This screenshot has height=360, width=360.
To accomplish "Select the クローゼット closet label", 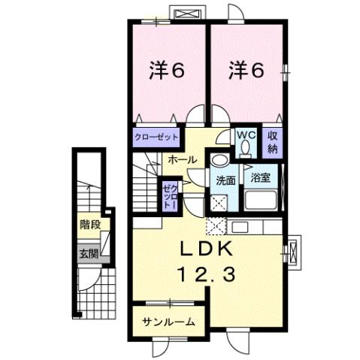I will tap(158, 138).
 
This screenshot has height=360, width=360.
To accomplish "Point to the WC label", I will tap(246, 135).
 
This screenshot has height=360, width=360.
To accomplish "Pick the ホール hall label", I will tap(183, 160).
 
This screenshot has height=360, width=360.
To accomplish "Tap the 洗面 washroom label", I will tap(225, 180).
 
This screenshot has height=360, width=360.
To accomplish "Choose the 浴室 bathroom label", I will tap(262, 179).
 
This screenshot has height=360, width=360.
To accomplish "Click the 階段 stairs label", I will tap(90, 224).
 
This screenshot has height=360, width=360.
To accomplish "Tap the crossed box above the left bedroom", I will tap(186, 14).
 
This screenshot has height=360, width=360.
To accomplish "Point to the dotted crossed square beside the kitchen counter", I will tap(216, 226).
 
